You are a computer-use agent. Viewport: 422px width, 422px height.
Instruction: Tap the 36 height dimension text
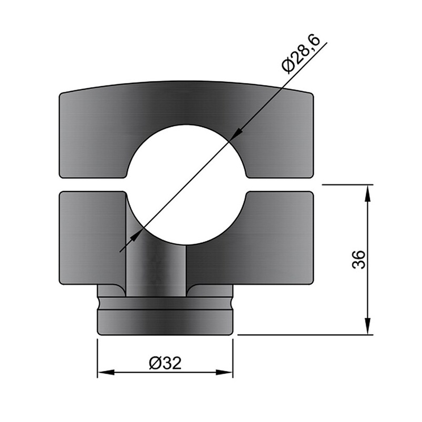point(359,260)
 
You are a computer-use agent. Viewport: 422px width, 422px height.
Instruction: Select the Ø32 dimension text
point(165,363)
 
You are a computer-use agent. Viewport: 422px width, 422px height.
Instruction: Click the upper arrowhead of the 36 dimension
point(368,193)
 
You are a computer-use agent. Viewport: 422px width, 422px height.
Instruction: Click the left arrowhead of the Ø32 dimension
point(106,372)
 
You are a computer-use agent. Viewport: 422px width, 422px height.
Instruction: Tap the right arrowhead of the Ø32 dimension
point(224,372)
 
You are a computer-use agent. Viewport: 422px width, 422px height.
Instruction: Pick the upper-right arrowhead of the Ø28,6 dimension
point(236,134)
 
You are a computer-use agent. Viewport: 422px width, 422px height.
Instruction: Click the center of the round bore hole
point(186,185)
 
